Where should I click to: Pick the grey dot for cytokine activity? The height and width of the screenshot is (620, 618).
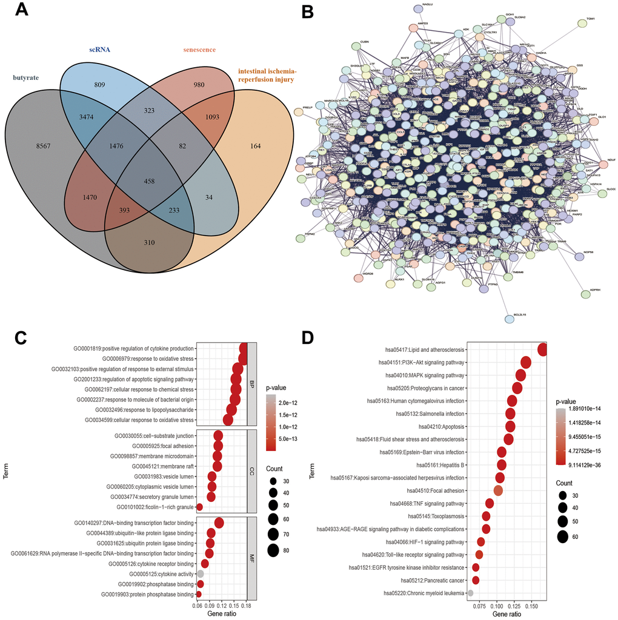[200, 573]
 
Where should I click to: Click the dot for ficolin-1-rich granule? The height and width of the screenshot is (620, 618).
[199, 507]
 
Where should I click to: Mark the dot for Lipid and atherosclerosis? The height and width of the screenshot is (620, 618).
[542, 349]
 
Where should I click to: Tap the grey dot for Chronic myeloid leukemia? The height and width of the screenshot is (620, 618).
[470, 593]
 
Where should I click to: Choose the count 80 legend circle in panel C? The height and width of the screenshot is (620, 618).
[273, 550]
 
